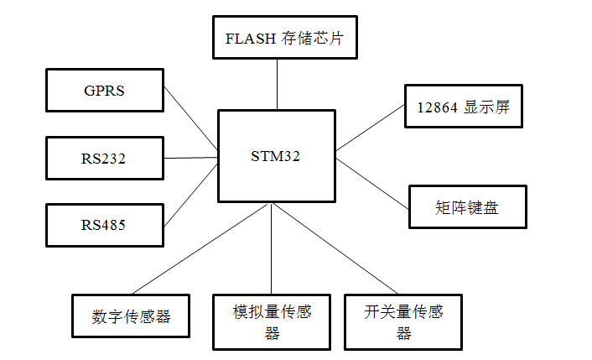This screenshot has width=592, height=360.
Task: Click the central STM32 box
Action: [276, 156]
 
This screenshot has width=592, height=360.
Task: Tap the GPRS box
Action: [104, 91]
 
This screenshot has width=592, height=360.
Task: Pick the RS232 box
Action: [104, 158]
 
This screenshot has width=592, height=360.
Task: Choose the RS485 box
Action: [104, 224]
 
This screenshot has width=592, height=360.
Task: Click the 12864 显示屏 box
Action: [463, 107]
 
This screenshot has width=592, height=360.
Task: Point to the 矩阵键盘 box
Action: [467, 207]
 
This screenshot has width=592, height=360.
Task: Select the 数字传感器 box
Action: [130, 316]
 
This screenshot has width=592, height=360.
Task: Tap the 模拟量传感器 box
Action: [272, 321]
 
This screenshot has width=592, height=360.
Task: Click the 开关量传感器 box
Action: [403, 321]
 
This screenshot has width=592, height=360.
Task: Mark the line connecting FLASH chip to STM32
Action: [277, 84]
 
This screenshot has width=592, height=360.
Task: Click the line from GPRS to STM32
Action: [190, 118]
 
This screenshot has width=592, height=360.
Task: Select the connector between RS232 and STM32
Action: [190, 157]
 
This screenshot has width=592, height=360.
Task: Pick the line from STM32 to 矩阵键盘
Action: [372, 178]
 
